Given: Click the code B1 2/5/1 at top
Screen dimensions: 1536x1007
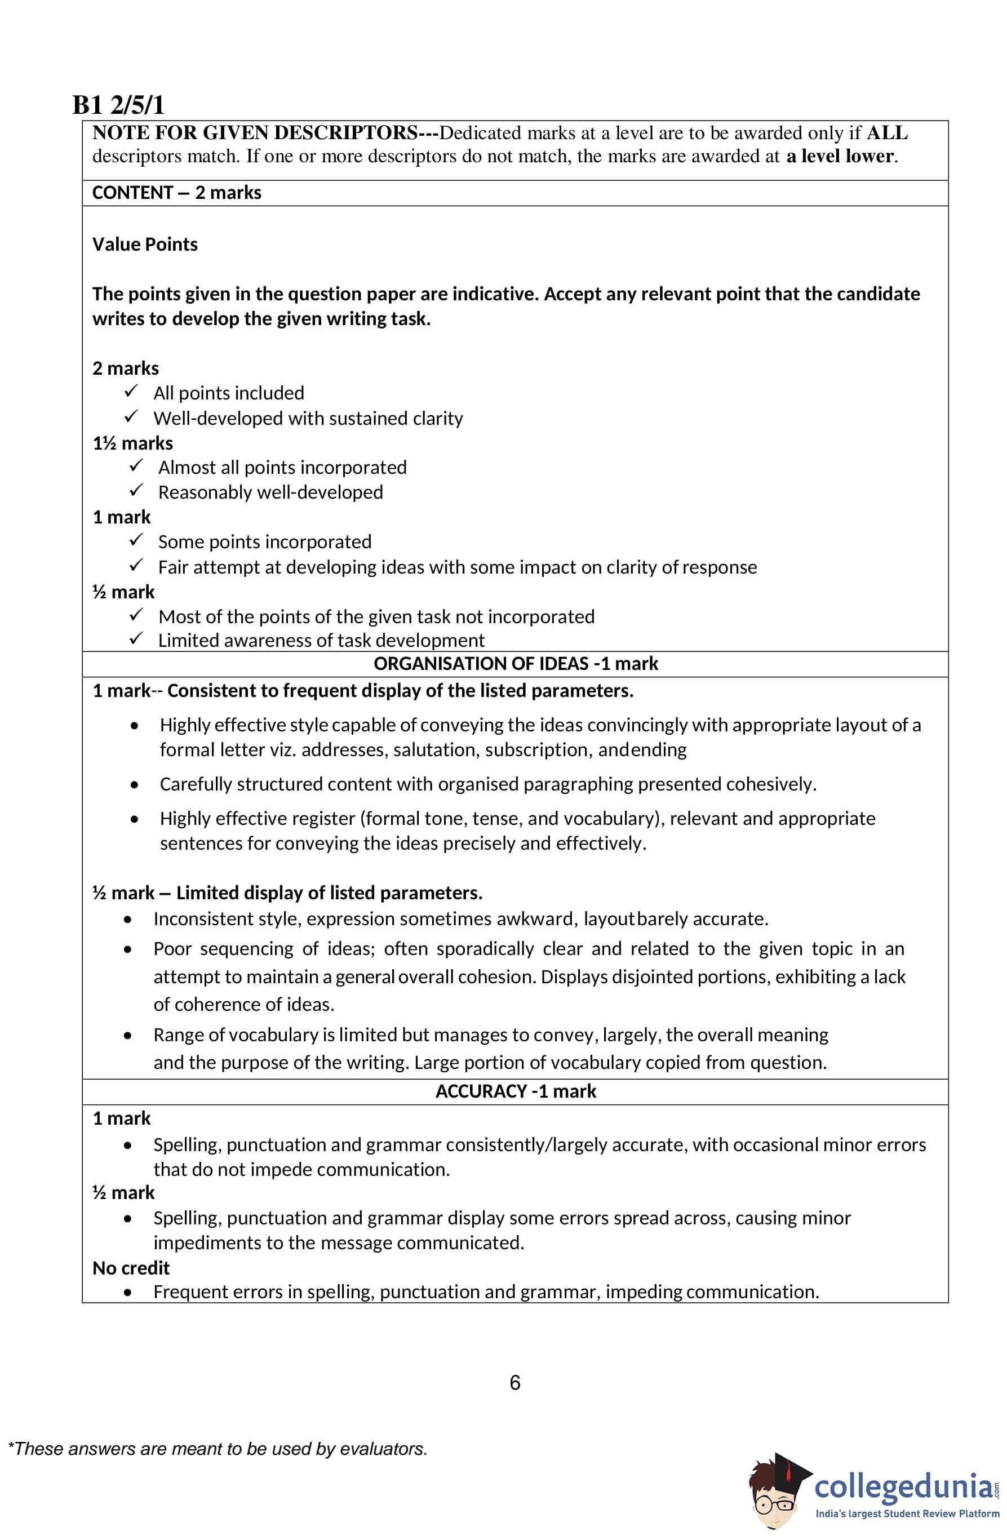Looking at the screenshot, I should pos(118,105).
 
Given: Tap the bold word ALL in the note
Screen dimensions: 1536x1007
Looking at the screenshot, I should pos(886,133).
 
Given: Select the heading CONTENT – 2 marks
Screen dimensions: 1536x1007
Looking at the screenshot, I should pos(176,193).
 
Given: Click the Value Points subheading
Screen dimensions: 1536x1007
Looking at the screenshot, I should pos(145,245).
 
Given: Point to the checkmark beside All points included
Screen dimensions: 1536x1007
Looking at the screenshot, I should pos(131,392).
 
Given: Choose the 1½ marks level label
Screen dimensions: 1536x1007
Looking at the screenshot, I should pos(132,443).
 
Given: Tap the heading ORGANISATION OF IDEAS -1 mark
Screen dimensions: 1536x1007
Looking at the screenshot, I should pos(515,664).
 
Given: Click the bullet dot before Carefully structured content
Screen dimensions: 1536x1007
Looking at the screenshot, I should pos(134,785).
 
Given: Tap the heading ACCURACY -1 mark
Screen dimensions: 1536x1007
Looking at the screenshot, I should pos(515,1091).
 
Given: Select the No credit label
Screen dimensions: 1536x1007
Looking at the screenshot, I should pos(131,1268).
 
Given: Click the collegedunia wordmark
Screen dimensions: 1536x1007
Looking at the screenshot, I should pos(902,1487).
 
